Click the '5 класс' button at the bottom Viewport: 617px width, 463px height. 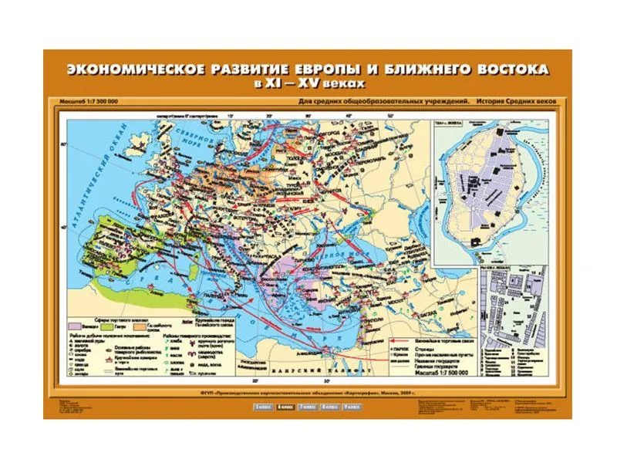260,407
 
